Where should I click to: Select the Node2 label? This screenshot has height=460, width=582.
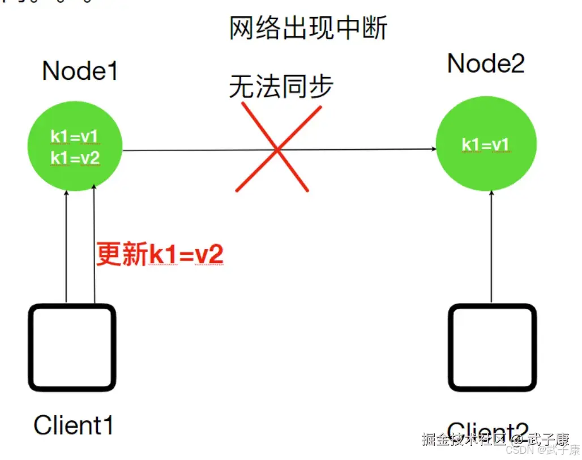pos(486,64)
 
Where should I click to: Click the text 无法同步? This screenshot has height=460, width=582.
pos(281,87)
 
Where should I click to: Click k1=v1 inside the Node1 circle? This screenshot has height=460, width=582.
pos(75,137)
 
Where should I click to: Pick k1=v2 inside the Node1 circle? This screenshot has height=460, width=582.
pos(75,158)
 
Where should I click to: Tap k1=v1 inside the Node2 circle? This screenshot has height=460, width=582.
pos(486,144)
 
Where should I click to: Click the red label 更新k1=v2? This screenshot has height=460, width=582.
pos(160,254)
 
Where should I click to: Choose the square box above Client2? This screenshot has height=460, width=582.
pos(491,348)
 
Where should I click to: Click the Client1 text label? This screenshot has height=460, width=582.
pos(74,424)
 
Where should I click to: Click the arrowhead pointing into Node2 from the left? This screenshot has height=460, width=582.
pos(433,150)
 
